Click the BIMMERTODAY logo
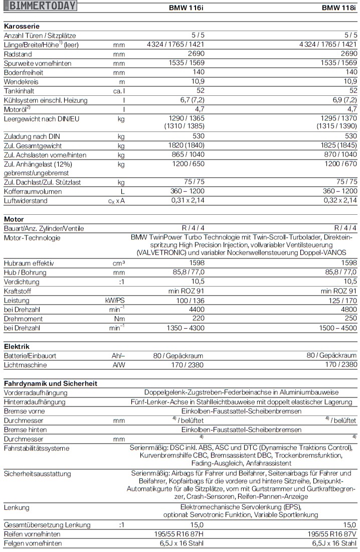(x=40, y=6)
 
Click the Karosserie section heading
(x=22, y=26)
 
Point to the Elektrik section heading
(x=17, y=346)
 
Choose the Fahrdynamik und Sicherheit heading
(x=50, y=383)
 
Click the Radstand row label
(x=18, y=54)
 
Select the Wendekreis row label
(x=21, y=81)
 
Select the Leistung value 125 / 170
(x=342, y=300)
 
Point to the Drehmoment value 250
(x=349, y=319)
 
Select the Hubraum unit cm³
(x=119, y=263)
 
